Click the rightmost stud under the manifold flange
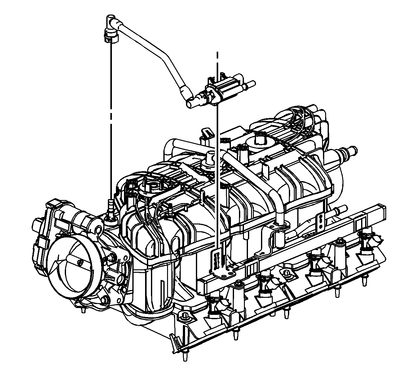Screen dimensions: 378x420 pyautogui.click(x=363, y=280)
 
